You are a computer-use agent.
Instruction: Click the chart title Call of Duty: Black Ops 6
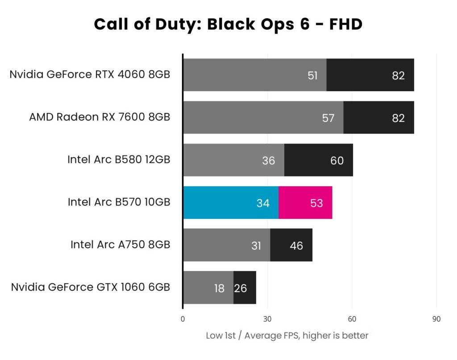coord(228,24)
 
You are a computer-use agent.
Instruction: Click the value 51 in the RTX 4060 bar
coord(313,75)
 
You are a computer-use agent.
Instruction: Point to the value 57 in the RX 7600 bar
coord(328,118)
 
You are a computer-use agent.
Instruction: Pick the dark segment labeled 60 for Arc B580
coord(318,160)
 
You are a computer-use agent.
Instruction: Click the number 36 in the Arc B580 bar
coord(269,160)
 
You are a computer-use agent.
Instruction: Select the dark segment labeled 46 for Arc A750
coord(291,245)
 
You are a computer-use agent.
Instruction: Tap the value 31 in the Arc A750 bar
coord(256,245)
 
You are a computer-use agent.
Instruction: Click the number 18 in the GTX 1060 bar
coord(219,288)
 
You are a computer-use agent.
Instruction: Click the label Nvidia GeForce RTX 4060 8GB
coord(90,74)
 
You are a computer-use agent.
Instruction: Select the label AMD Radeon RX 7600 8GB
coord(100,117)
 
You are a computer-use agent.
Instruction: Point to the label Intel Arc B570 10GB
coord(119,202)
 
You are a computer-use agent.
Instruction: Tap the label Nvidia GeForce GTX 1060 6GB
coord(91,287)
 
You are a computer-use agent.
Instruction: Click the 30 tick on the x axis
coord(267,319)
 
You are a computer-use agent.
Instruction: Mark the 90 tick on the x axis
coord(436,319)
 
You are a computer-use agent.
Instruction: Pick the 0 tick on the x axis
coord(183,319)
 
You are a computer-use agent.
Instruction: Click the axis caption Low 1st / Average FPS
coord(287,335)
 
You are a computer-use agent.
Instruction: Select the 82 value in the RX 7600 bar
coord(398,118)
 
